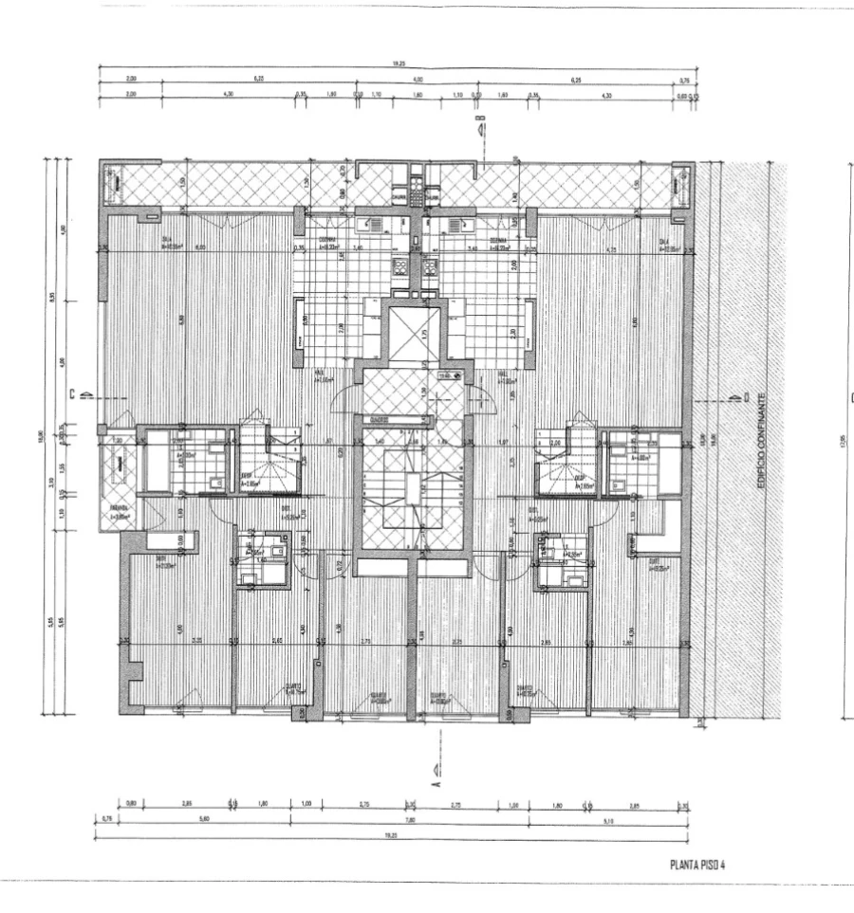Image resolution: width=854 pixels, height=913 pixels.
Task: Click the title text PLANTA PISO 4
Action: pyautogui.click(x=697, y=864)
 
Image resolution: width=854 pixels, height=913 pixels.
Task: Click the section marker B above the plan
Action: pyautogui.click(x=480, y=125)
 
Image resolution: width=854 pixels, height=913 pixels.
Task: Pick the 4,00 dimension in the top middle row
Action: pyautogui.click(x=418, y=81)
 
